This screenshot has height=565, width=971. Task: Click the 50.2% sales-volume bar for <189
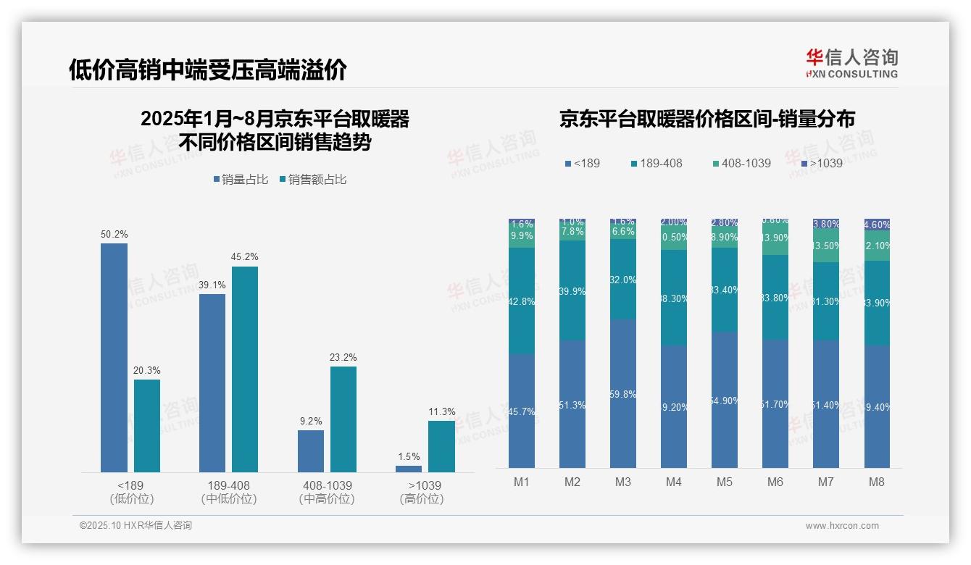(114, 358)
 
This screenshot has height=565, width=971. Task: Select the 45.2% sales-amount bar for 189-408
(245, 369)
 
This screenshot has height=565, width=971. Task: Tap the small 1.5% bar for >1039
(409, 469)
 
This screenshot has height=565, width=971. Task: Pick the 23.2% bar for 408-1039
(343, 419)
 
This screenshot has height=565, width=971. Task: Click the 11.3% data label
(442, 411)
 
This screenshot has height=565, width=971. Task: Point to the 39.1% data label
(212, 285)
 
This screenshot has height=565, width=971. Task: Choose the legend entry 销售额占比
(313, 179)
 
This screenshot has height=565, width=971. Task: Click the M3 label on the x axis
(623, 482)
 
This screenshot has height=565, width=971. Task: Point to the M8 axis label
(877, 482)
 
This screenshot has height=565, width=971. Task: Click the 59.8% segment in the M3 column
(623, 394)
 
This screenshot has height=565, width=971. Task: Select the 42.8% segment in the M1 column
(522, 301)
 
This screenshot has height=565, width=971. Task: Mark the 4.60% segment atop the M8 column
(877, 225)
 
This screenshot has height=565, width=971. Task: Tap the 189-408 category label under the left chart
(229, 485)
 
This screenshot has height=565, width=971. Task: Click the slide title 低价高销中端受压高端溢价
(208, 70)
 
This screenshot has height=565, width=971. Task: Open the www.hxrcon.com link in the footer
(842, 526)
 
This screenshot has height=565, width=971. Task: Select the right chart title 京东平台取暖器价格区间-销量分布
(707, 119)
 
